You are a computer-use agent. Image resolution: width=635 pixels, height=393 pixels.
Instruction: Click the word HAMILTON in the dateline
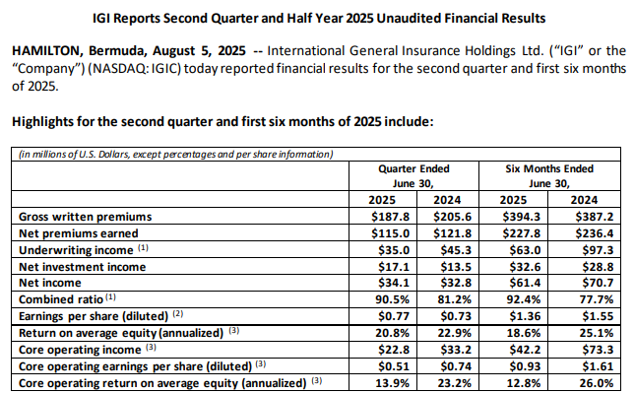pos(46,51)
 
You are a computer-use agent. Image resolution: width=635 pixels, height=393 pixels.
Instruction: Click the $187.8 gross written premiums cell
pos(391,217)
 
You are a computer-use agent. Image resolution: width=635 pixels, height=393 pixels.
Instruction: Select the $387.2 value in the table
pos(595,217)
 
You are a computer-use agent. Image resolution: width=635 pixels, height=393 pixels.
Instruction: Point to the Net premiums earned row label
pos(79,233)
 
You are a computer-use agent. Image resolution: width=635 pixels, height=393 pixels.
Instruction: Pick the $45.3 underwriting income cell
pos(456,250)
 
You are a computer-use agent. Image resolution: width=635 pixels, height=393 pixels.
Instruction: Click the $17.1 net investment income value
pos(394,267)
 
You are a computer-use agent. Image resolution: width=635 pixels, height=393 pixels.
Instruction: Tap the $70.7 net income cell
pos(598,283)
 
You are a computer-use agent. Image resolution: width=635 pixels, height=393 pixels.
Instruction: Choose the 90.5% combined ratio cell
pos(392,299)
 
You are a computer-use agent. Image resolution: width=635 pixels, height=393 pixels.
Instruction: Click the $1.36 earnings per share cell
pos(525,316)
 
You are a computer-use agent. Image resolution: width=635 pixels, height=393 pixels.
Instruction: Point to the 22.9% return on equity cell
pos(455,333)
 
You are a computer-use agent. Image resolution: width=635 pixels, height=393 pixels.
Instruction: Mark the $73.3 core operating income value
pos(598,350)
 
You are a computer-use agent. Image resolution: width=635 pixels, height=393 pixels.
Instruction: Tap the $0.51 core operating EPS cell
pos(394,366)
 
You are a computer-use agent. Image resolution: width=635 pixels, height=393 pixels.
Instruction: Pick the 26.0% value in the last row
pos(597,383)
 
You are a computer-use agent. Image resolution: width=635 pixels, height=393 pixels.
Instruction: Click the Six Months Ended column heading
pos(549,168)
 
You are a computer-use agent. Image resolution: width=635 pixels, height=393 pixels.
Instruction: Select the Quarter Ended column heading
pos(413,168)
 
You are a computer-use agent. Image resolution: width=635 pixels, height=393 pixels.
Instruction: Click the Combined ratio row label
pos(61,299)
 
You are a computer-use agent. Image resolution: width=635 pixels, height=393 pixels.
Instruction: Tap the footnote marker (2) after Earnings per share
pos(178,313)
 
